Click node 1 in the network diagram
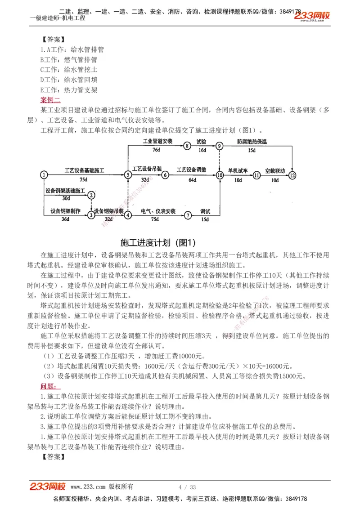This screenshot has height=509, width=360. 44,175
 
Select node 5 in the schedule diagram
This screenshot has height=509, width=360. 128,175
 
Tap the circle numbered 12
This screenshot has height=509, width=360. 293,175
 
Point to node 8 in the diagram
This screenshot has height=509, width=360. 187,146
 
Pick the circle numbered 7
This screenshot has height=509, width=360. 188,215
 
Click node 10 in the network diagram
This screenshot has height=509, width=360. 220,175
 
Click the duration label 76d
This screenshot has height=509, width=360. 156,150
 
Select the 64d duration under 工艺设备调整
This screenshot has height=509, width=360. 192,180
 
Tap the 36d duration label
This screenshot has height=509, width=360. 66,219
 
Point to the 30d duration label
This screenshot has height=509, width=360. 66,198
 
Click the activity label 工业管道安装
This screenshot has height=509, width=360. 157,141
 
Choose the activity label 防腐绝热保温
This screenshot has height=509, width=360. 252,141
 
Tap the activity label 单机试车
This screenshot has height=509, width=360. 238,171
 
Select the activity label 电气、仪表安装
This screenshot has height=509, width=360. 158,211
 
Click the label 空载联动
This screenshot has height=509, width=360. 274,171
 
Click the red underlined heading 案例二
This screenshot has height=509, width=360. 50,99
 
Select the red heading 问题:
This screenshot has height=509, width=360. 48,386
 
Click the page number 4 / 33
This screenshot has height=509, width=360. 187,487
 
